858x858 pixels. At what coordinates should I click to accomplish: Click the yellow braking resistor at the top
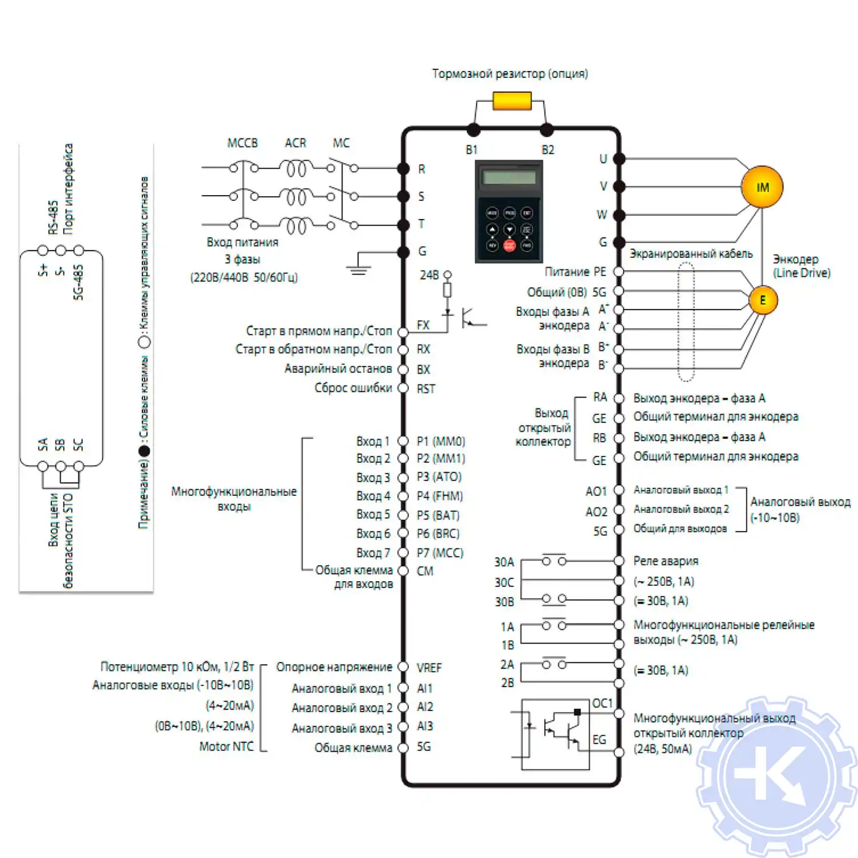click(512, 102)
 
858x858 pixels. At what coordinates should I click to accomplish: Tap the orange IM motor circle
click(762, 187)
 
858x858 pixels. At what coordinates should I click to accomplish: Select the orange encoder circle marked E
click(762, 300)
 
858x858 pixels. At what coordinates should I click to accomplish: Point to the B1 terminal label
click(471, 150)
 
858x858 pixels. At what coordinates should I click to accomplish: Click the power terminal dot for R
click(403, 169)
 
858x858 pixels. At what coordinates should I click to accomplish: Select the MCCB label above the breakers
click(243, 143)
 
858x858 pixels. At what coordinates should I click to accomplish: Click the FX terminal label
click(423, 325)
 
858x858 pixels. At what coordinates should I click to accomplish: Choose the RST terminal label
click(426, 389)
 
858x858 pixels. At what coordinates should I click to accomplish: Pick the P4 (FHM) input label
click(439, 496)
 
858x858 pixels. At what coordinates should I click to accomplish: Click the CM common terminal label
click(425, 571)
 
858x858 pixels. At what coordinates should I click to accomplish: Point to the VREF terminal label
click(429, 668)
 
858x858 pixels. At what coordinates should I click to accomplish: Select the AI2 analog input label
click(425, 707)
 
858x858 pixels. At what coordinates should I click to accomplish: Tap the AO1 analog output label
click(596, 491)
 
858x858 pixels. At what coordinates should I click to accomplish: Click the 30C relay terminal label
click(504, 582)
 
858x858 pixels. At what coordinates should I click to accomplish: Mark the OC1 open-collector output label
click(602, 703)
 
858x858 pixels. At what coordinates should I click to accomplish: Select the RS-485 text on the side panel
click(53, 217)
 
